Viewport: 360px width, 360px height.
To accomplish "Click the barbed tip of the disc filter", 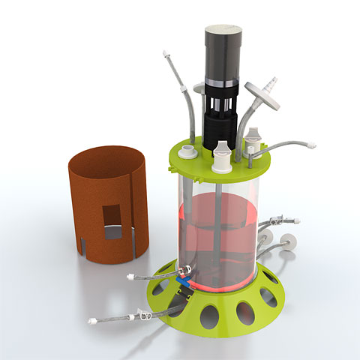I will click(274, 79).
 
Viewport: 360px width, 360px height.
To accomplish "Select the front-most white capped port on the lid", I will click(223, 160).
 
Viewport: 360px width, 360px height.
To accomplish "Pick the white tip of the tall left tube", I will click(164, 54).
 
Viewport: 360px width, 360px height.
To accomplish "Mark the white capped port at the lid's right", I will click(254, 139).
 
